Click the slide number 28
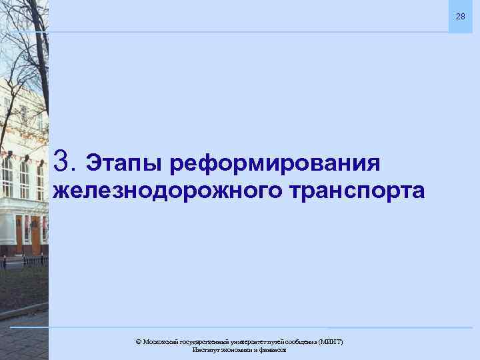[460, 16]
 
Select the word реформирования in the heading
[275, 163]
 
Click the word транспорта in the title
[357, 192]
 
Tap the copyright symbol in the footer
[138, 342]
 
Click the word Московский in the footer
[160, 342]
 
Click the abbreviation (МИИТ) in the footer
[331, 342]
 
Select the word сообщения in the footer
[302, 342]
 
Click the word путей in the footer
[277, 342]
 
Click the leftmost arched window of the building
[7, 177]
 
